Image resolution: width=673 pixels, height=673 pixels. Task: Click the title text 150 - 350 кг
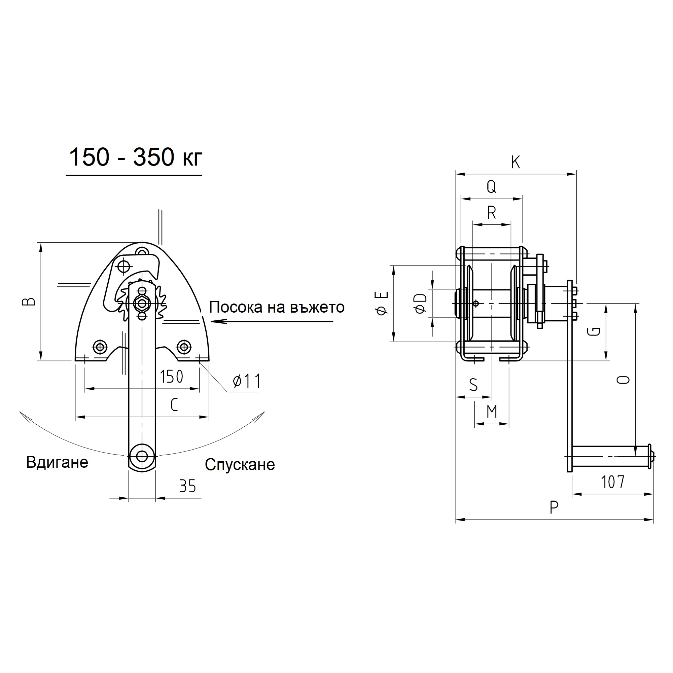click(x=136, y=157)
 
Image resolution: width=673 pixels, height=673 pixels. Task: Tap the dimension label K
click(x=516, y=162)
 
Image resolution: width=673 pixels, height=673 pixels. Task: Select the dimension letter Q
click(x=491, y=187)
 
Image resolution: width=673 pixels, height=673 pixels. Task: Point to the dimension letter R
click(x=492, y=212)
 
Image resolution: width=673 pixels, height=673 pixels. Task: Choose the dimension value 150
click(x=171, y=377)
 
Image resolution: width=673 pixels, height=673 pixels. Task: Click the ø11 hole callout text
click(x=247, y=382)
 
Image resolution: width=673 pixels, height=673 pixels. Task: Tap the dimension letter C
click(x=175, y=405)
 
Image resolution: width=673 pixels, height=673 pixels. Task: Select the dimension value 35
click(x=188, y=486)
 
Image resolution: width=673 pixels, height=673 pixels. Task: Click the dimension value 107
click(x=613, y=482)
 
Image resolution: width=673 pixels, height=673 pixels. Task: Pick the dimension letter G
click(x=594, y=331)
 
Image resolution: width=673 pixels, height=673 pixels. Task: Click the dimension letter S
click(x=473, y=385)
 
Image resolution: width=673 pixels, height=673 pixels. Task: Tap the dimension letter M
click(x=492, y=412)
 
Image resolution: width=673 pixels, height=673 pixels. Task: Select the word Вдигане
click(x=57, y=463)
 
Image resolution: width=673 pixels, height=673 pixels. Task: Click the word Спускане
click(x=240, y=465)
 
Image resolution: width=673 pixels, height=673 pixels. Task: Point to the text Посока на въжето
click(x=277, y=307)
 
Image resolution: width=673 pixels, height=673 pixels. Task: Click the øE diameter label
click(x=383, y=303)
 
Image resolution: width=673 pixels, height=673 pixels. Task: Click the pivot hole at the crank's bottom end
click(x=142, y=456)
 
